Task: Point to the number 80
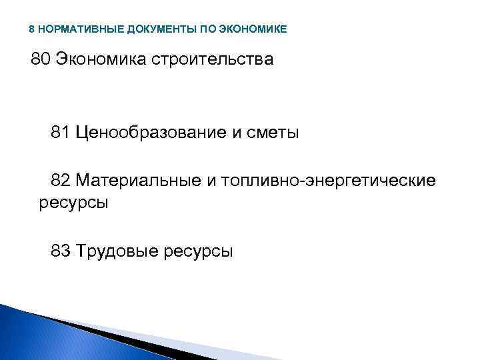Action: point(41,60)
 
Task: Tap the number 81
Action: point(60,133)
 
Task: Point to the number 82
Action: point(60,181)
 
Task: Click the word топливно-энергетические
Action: point(326,181)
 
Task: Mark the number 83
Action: point(60,251)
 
